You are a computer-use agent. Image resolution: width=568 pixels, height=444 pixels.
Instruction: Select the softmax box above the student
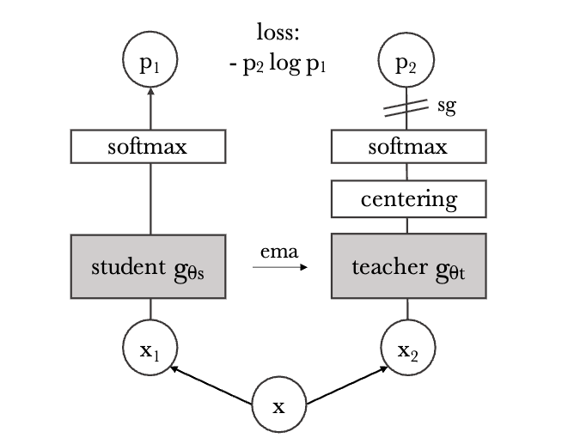(x=151, y=147)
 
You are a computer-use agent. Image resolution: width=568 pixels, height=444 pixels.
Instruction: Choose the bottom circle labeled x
(x=278, y=404)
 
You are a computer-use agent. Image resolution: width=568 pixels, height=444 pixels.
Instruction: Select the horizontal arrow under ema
(x=279, y=268)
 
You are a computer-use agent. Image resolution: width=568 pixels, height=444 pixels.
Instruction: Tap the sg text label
(x=446, y=108)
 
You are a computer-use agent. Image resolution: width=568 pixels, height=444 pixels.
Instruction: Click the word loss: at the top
(x=279, y=34)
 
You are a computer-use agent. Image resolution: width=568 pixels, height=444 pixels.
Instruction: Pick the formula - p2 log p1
(x=279, y=64)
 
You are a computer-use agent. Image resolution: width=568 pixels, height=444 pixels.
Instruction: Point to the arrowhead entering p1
(x=151, y=95)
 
